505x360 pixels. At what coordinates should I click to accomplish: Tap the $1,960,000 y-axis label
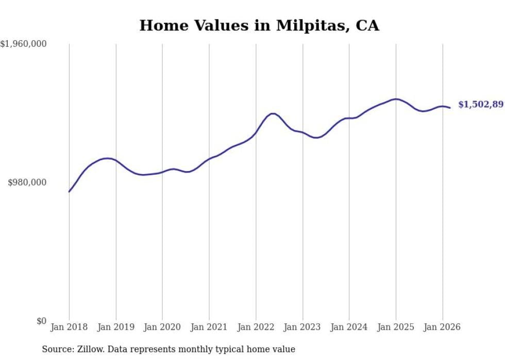pos(24,44)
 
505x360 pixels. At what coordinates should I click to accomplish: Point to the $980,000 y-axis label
pos(27,182)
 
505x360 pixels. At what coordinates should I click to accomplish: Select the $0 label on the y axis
pos(41,321)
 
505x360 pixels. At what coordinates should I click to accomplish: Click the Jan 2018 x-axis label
pos(69,327)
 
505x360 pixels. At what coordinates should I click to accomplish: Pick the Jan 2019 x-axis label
pos(116,327)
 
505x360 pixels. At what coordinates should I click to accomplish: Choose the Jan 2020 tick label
pos(162,327)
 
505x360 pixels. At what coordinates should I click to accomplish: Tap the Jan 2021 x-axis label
pos(209,327)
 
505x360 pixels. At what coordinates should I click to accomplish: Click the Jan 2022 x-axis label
pos(256,327)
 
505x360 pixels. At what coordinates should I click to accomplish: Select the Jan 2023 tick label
pos(302,327)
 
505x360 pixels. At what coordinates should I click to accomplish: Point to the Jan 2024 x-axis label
pos(349,327)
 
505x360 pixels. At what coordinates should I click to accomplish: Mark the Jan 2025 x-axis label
pos(396,327)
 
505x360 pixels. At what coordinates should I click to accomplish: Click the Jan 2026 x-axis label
pos(442,327)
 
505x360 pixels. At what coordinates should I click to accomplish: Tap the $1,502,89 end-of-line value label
pos(481,105)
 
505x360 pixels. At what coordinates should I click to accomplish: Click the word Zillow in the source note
pos(88,349)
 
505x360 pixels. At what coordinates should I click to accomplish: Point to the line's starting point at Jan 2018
pos(69,192)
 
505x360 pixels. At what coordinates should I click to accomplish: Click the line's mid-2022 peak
pos(273,113)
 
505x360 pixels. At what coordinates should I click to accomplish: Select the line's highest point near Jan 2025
pos(395,99)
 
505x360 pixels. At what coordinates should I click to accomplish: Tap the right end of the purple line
pos(450,108)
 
